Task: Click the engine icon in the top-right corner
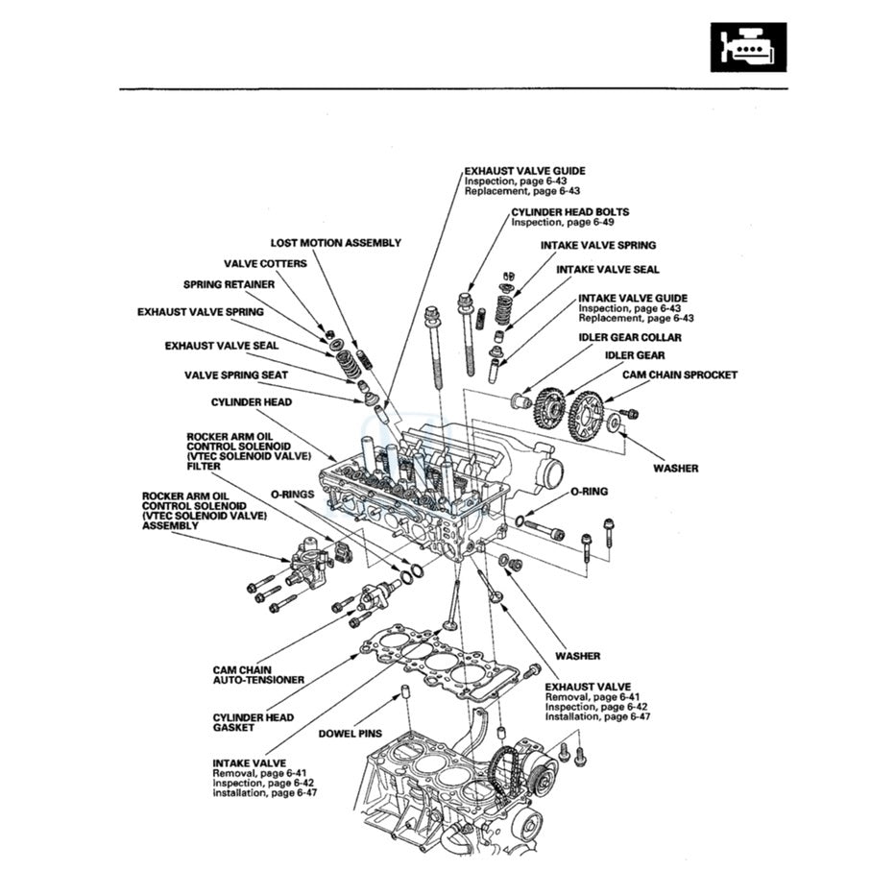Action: (748, 47)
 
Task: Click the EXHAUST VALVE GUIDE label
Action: (524, 171)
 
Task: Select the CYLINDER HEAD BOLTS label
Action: (569, 211)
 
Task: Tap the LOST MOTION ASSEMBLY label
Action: (335, 243)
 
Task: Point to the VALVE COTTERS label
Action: (265, 263)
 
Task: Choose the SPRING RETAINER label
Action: (229, 284)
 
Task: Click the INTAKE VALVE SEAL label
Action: (607, 270)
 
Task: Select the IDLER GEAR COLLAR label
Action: (629, 337)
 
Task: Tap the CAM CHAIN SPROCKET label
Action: (680, 375)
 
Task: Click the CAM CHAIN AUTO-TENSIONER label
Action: (257, 674)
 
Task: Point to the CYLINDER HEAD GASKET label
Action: (253, 722)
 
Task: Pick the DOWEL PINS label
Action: (350, 733)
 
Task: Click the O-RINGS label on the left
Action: (292, 493)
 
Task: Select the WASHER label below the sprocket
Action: (675, 468)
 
